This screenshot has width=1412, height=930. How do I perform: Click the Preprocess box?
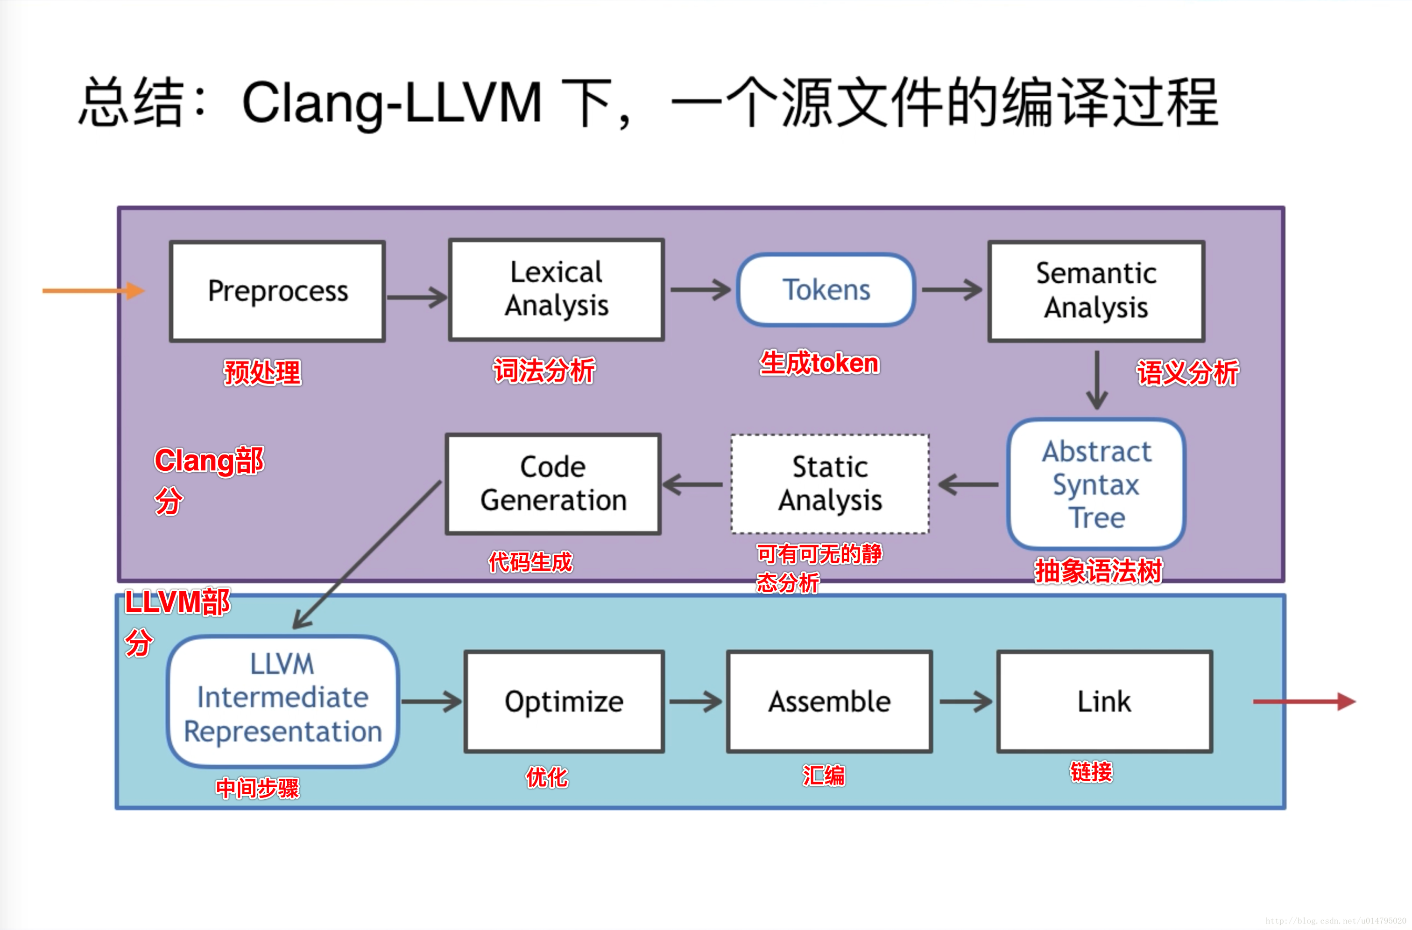(277, 291)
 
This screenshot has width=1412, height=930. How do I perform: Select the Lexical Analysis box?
(556, 289)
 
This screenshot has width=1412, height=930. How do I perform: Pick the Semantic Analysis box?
(1095, 291)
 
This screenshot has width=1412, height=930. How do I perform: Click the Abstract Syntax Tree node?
(1095, 484)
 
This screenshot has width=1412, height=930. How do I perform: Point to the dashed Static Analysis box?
(830, 484)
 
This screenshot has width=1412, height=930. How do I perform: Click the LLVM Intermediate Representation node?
(282, 701)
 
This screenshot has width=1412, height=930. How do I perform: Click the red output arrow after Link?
(1303, 702)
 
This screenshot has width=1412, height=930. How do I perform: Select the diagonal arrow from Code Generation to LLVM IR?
(368, 554)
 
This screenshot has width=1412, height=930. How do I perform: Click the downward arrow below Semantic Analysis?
(1097, 379)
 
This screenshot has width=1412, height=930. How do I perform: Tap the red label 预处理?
(262, 373)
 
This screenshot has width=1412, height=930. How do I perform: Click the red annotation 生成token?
(819, 363)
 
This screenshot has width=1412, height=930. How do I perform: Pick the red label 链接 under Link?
(1091, 772)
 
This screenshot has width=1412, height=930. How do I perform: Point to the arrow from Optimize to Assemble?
(695, 702)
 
